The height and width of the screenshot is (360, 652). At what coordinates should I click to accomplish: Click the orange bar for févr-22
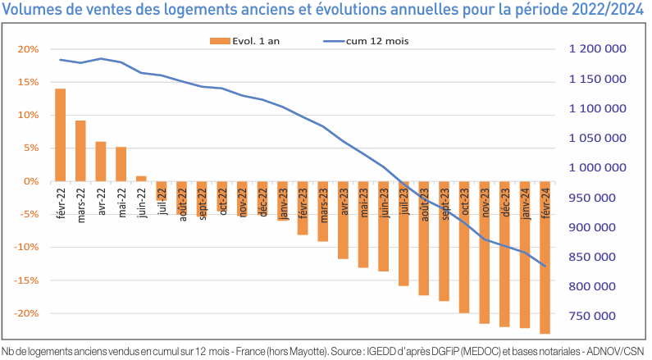(61, 134)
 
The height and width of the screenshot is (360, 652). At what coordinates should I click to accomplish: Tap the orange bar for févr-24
(545, 257)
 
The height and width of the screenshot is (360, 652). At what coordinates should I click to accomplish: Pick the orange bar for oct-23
(464, 247)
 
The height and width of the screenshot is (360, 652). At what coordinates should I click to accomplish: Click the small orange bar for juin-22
(141, 179)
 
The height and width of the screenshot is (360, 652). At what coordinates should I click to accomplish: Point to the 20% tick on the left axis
(28, 49)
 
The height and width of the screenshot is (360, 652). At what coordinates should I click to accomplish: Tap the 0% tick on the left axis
(31, 181)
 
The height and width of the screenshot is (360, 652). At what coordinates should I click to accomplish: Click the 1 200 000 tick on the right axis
(597, 49)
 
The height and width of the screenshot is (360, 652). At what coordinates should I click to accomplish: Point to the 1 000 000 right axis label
(597, 168)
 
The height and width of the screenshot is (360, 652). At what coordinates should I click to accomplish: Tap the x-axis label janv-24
(525, 205)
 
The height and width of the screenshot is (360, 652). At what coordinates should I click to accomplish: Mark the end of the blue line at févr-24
(545, 266)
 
